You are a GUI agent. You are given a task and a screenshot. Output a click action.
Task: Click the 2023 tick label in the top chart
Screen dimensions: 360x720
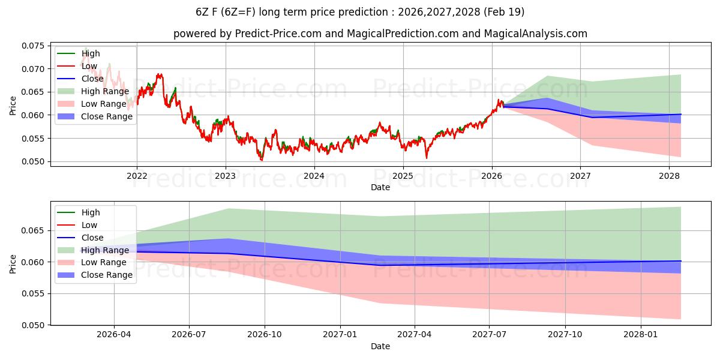(226, 175)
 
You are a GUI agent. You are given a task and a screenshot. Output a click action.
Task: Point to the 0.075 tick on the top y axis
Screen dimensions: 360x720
(33, 46)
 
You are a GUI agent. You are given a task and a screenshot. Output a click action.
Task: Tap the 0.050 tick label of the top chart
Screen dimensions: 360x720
(33, 161)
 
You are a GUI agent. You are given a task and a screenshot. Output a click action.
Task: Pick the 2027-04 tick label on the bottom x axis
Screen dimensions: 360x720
(414, 334)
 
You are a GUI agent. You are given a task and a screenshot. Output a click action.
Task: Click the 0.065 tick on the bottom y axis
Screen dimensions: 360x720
(33, 231)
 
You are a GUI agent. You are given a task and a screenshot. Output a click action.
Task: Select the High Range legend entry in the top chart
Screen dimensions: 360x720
(105, 91)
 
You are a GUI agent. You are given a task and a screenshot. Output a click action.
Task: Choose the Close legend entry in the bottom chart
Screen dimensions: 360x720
(91, 238)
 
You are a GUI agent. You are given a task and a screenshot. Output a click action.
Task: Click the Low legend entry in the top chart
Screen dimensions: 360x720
(89, 66)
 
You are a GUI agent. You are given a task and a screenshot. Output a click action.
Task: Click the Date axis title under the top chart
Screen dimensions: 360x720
(380, 187)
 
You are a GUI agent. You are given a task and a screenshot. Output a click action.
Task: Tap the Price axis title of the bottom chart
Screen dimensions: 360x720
(13, 263)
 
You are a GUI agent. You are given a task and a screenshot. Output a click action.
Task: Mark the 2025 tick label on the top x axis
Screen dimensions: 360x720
(403, 175)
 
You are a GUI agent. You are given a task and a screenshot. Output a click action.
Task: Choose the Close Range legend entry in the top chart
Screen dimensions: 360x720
(107, 116)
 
